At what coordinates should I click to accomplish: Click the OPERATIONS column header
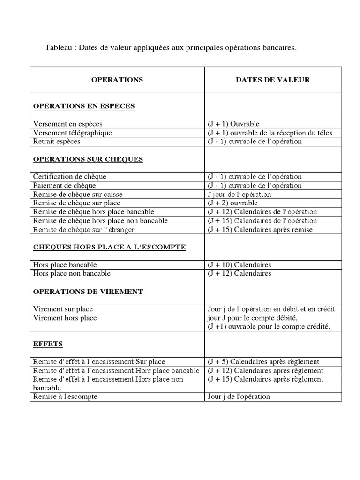click(117, 80)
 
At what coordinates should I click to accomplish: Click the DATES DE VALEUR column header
click(272, 80)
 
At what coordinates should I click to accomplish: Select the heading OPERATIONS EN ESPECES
click(84, 106)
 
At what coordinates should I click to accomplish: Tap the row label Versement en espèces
click(68, 124)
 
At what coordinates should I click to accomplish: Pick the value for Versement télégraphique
click(270, 133)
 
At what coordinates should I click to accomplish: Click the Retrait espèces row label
click(57, 141)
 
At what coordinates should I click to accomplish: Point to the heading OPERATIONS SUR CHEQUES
click(88, 159)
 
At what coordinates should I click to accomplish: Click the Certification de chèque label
click(70, 177)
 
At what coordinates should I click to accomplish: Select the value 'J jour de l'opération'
click(239, 194)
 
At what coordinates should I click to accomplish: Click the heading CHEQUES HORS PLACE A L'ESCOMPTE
click(109, 247)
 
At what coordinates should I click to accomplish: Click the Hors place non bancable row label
click(72, 273)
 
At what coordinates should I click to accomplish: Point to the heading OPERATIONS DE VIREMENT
click(88, 292)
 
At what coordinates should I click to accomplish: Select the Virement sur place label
click(63, 309)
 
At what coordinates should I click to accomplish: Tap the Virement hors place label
click(65, 318)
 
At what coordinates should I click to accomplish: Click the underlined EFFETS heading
click(48, 344)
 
